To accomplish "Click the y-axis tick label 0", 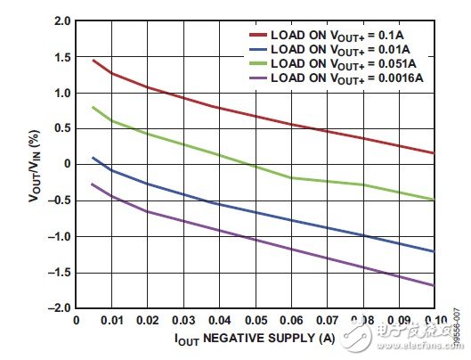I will pos(65,165).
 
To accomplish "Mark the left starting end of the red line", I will pos(93,60).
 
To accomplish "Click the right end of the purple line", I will pos(434,285).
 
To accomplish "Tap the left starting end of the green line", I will pos(93,107).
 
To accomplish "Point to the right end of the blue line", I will pos(434,251).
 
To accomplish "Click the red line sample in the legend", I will pos(258,37).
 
